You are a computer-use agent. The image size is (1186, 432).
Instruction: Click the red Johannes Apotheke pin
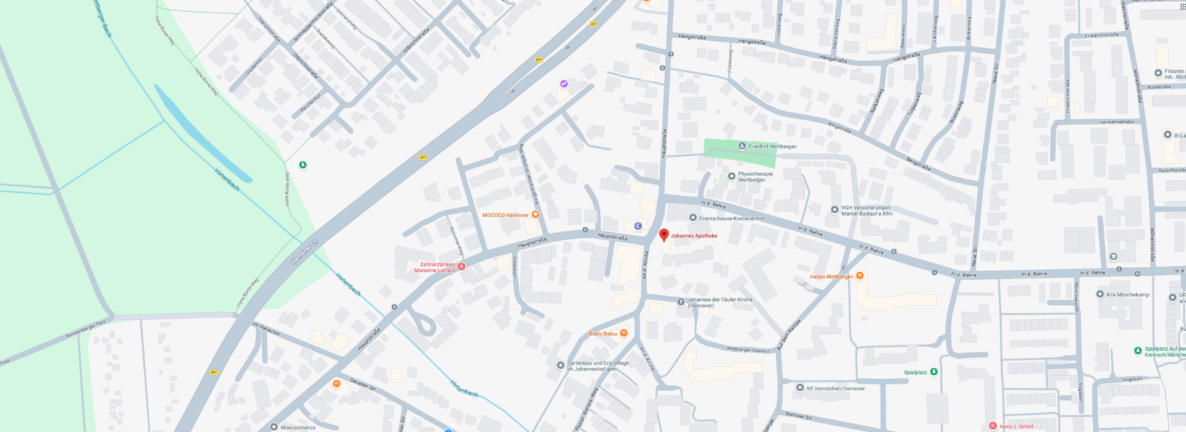click(x=664, y=235)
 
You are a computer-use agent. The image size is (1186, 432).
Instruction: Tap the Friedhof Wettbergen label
click(x=772, y=146)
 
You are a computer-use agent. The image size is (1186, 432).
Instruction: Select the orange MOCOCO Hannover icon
click(x=536, y=215)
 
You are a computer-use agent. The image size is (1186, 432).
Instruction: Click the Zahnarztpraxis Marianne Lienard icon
click(x=461, y=267)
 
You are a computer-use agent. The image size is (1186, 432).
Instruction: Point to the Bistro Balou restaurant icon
click(x=624, y=333)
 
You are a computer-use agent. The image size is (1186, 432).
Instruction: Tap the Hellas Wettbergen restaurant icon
click(x=860, y=276)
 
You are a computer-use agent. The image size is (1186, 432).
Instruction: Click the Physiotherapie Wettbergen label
click(x=755, y=177)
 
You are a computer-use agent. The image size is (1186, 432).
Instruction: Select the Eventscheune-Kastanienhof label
click(x=731, y=218)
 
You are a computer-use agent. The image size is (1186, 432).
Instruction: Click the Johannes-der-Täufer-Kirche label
click(x=719, y=302)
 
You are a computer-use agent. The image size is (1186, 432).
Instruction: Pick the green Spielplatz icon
click(x=934, y=372)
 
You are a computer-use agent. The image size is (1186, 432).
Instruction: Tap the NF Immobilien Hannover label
click(x=835, y=388)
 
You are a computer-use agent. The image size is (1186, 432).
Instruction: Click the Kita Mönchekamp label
click(x=1127, y=294)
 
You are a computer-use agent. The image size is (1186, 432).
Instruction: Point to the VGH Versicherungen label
click(x=866, y=210)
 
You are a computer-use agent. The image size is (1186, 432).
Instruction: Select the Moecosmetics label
click(x=298, y=427)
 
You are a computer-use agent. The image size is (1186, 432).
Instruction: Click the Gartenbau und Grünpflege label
click(x=597, y=366)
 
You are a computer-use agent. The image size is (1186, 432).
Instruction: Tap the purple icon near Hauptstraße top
click(x=564, y=83)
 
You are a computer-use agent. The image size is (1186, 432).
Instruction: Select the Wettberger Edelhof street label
click(x=747, y=349)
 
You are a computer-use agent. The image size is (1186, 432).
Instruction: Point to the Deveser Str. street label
click(x=363, y=384)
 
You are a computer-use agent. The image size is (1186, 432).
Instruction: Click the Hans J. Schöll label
click(x=1016, y=426)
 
